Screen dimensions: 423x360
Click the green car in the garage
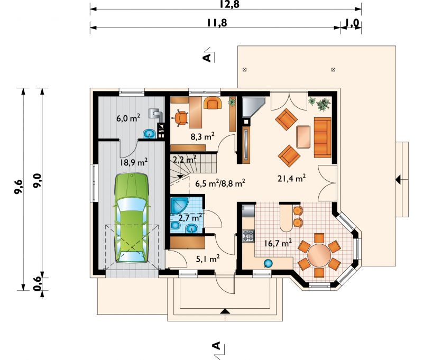tap(132, 218)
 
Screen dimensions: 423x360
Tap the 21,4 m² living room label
tap(292, 178)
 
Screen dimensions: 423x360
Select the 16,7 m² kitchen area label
tap(278, 243)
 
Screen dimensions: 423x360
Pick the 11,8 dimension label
tap(217, 23)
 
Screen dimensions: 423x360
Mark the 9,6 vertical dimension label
tap(19, 187)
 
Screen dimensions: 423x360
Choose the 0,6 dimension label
tap(38, 284)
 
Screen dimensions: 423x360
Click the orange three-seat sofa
tap(323, 137)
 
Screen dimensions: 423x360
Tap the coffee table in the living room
tap(304, 137)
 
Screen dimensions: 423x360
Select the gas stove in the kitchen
tap(249, 236)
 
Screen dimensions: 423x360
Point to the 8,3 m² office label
tap(203, 136)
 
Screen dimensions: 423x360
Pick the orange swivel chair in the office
tap(181, 118)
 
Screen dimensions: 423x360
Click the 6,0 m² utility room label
tap(128, 118)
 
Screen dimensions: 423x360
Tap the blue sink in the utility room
tap(149, 134)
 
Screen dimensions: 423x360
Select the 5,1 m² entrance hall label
tap(207, 259)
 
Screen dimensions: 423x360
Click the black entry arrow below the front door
tap(225, 311)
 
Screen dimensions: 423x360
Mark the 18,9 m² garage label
tap(134, 162)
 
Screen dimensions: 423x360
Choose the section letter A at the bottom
tap(216, 345)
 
